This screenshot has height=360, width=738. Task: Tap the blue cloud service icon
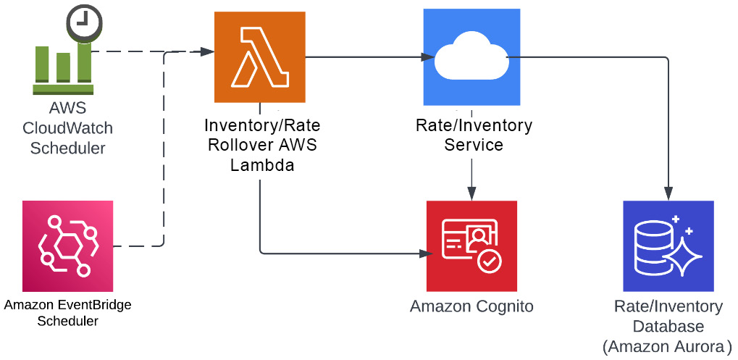471,58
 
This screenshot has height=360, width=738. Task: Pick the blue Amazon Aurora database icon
668,246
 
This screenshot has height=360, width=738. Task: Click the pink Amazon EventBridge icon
67,246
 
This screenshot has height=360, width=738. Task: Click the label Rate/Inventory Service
474,135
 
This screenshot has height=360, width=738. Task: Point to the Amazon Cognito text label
471,306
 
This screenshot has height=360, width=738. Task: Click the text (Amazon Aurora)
667,346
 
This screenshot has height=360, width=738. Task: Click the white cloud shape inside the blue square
471,59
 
